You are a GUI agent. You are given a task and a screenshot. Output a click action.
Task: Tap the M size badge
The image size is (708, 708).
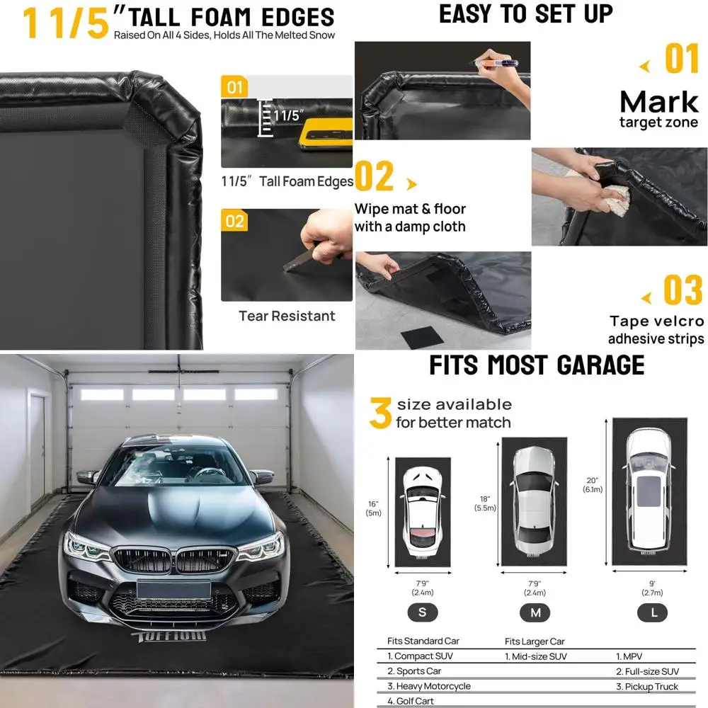coord(535,612)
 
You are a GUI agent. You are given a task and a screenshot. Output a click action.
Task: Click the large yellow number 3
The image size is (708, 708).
coord(380,413)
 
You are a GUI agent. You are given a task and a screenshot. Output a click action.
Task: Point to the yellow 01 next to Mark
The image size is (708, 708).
coord(682,59)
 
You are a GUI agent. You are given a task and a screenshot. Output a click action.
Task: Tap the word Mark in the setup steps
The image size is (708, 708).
coord(658,103)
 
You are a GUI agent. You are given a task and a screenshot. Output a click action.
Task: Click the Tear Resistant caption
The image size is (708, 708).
coord(287,316)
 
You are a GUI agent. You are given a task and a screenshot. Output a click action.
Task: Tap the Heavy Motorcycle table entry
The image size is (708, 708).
coord(428,686)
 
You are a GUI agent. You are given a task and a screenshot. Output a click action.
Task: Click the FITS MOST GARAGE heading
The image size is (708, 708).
coord(537,365)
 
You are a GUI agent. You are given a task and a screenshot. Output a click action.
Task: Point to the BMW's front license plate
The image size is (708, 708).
coord(174,588)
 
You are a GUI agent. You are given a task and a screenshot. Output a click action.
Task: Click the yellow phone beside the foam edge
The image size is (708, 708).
coord(324,134)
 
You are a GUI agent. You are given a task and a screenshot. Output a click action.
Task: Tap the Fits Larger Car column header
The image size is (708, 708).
coord(535,641)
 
